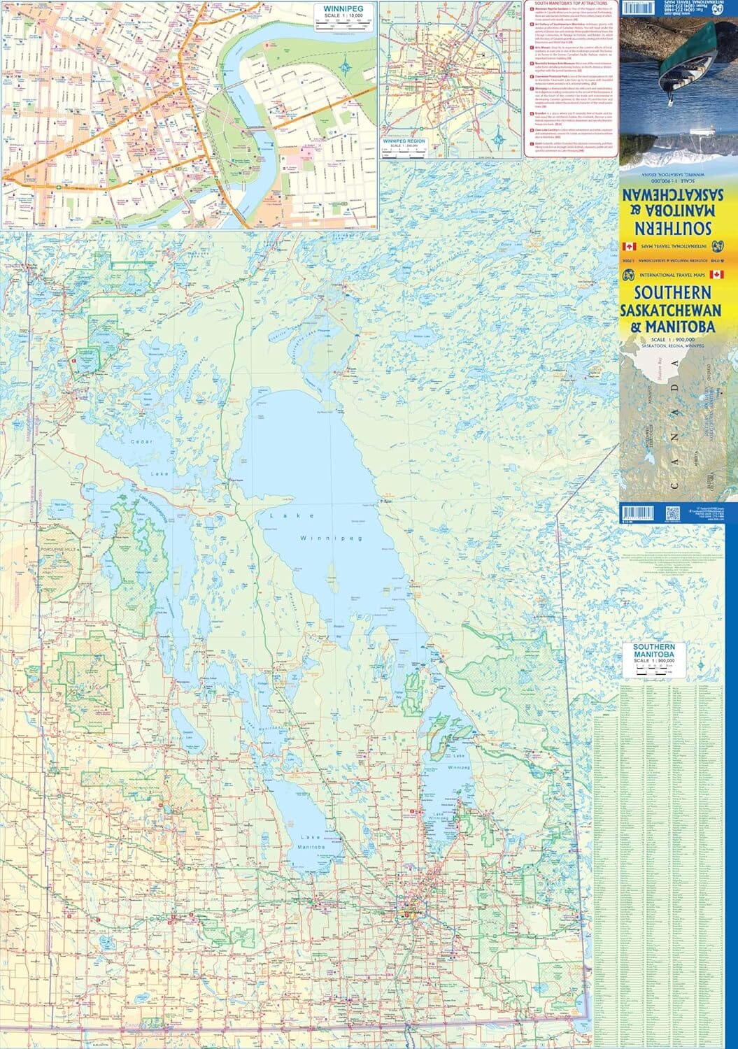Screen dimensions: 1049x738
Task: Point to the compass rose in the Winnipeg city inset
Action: click(x=348, y=67)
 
